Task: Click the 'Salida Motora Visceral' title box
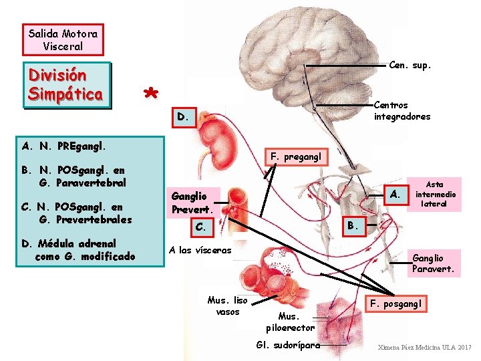[63, 39]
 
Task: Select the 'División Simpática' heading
[65, 84]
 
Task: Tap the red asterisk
[152, 93]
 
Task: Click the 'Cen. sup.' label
[410, 66]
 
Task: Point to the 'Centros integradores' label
[402, 111]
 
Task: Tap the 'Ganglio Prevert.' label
[194, 203]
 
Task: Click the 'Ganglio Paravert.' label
[434, 263]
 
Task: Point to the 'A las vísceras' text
[200, 250]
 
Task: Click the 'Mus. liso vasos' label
[227, 306]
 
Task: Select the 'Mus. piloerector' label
[290, 322]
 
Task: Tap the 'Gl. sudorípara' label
[288, 345]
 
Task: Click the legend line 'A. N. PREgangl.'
[64, 145]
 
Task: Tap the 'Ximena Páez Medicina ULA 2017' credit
[424, 348]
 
